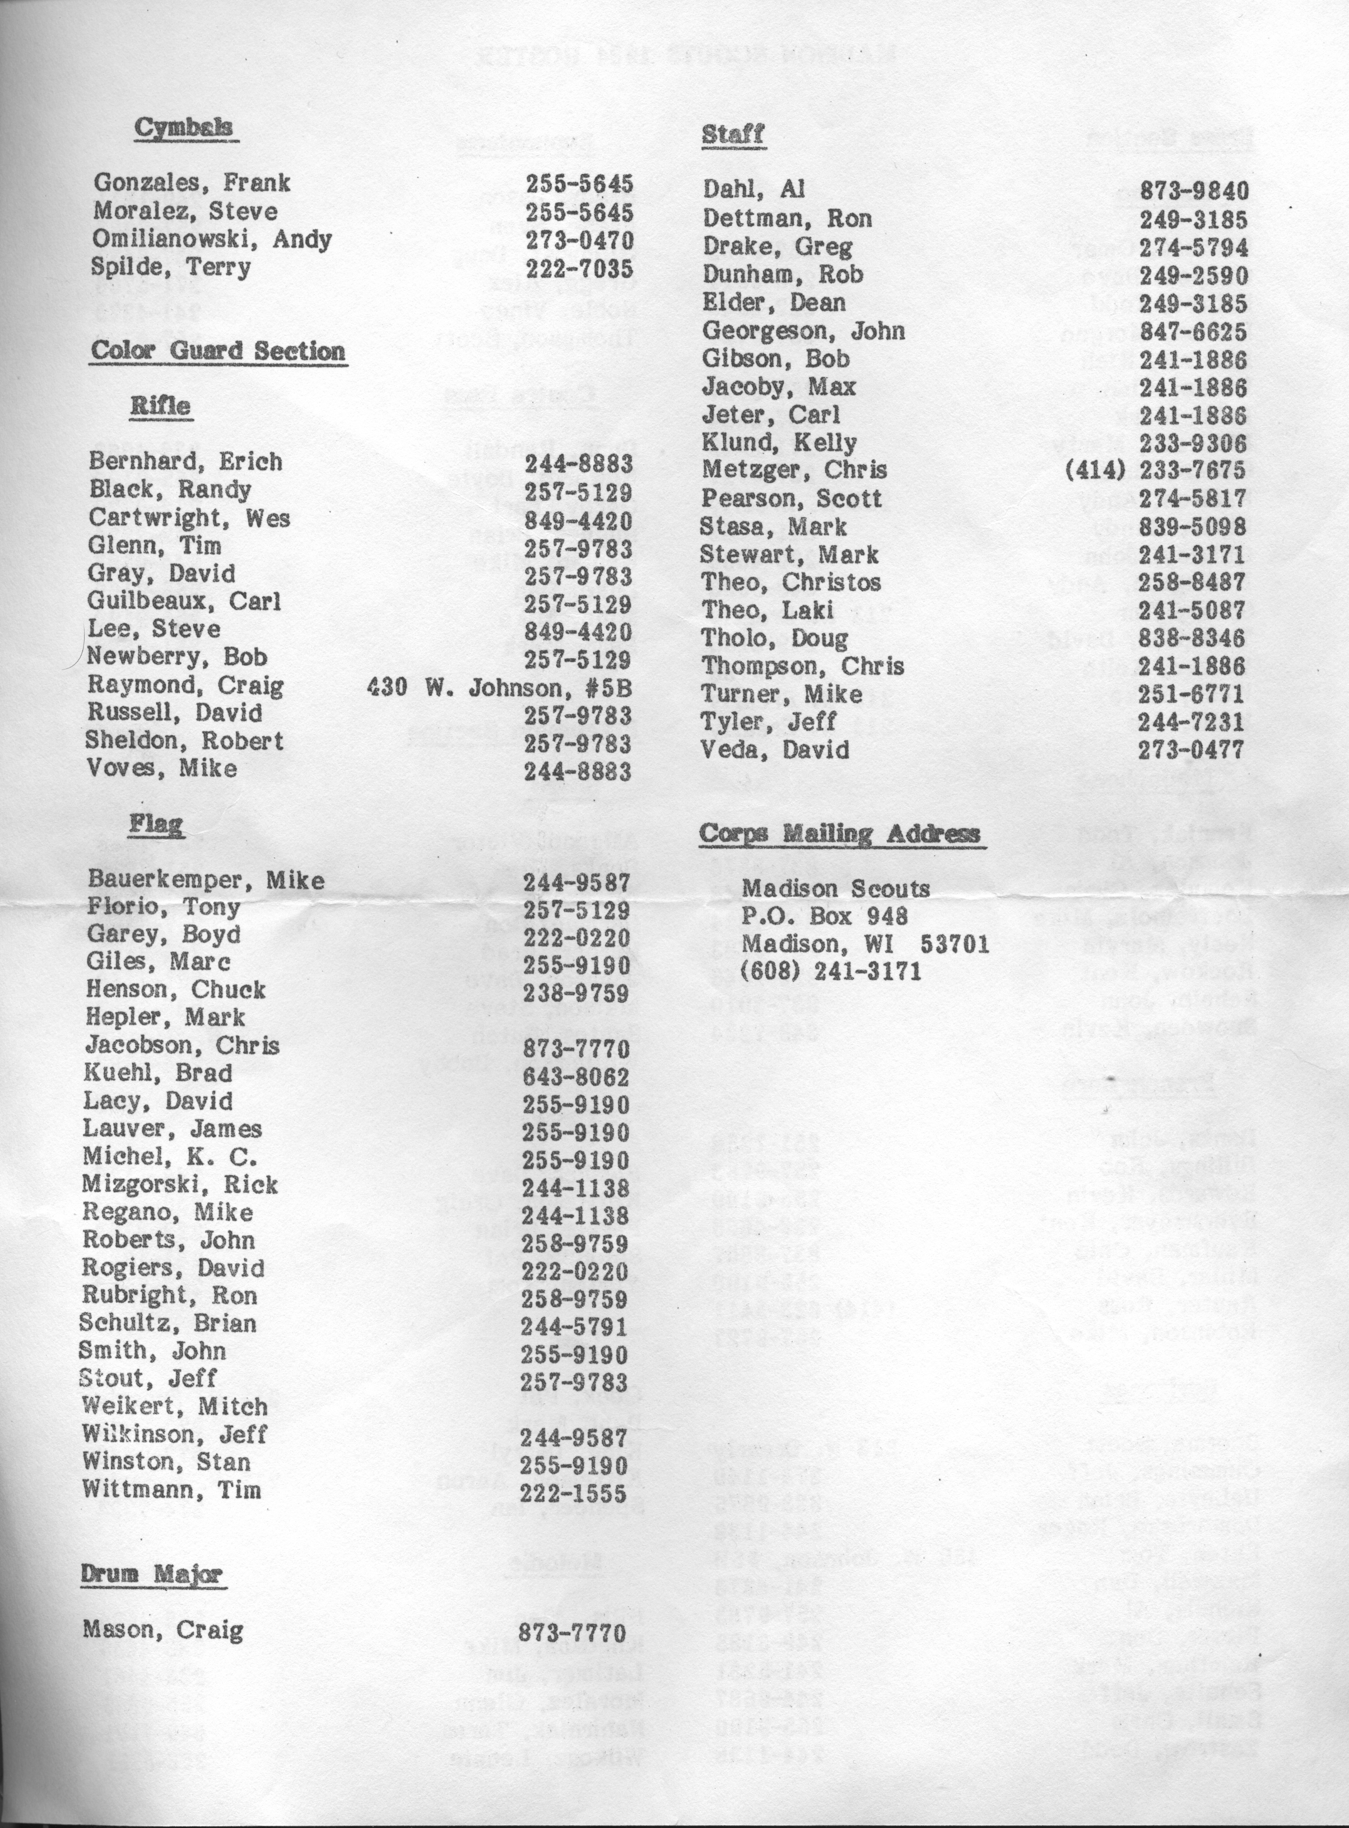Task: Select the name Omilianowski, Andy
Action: click(212, 239)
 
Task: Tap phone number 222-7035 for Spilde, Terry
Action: click(579, 268)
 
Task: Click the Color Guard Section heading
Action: click(218, 351)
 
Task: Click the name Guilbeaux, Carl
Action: click(184, 603)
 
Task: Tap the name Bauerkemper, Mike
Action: click(205, 880)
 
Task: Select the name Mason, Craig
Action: click(162, 1631)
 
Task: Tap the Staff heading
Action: click(732, 134)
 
